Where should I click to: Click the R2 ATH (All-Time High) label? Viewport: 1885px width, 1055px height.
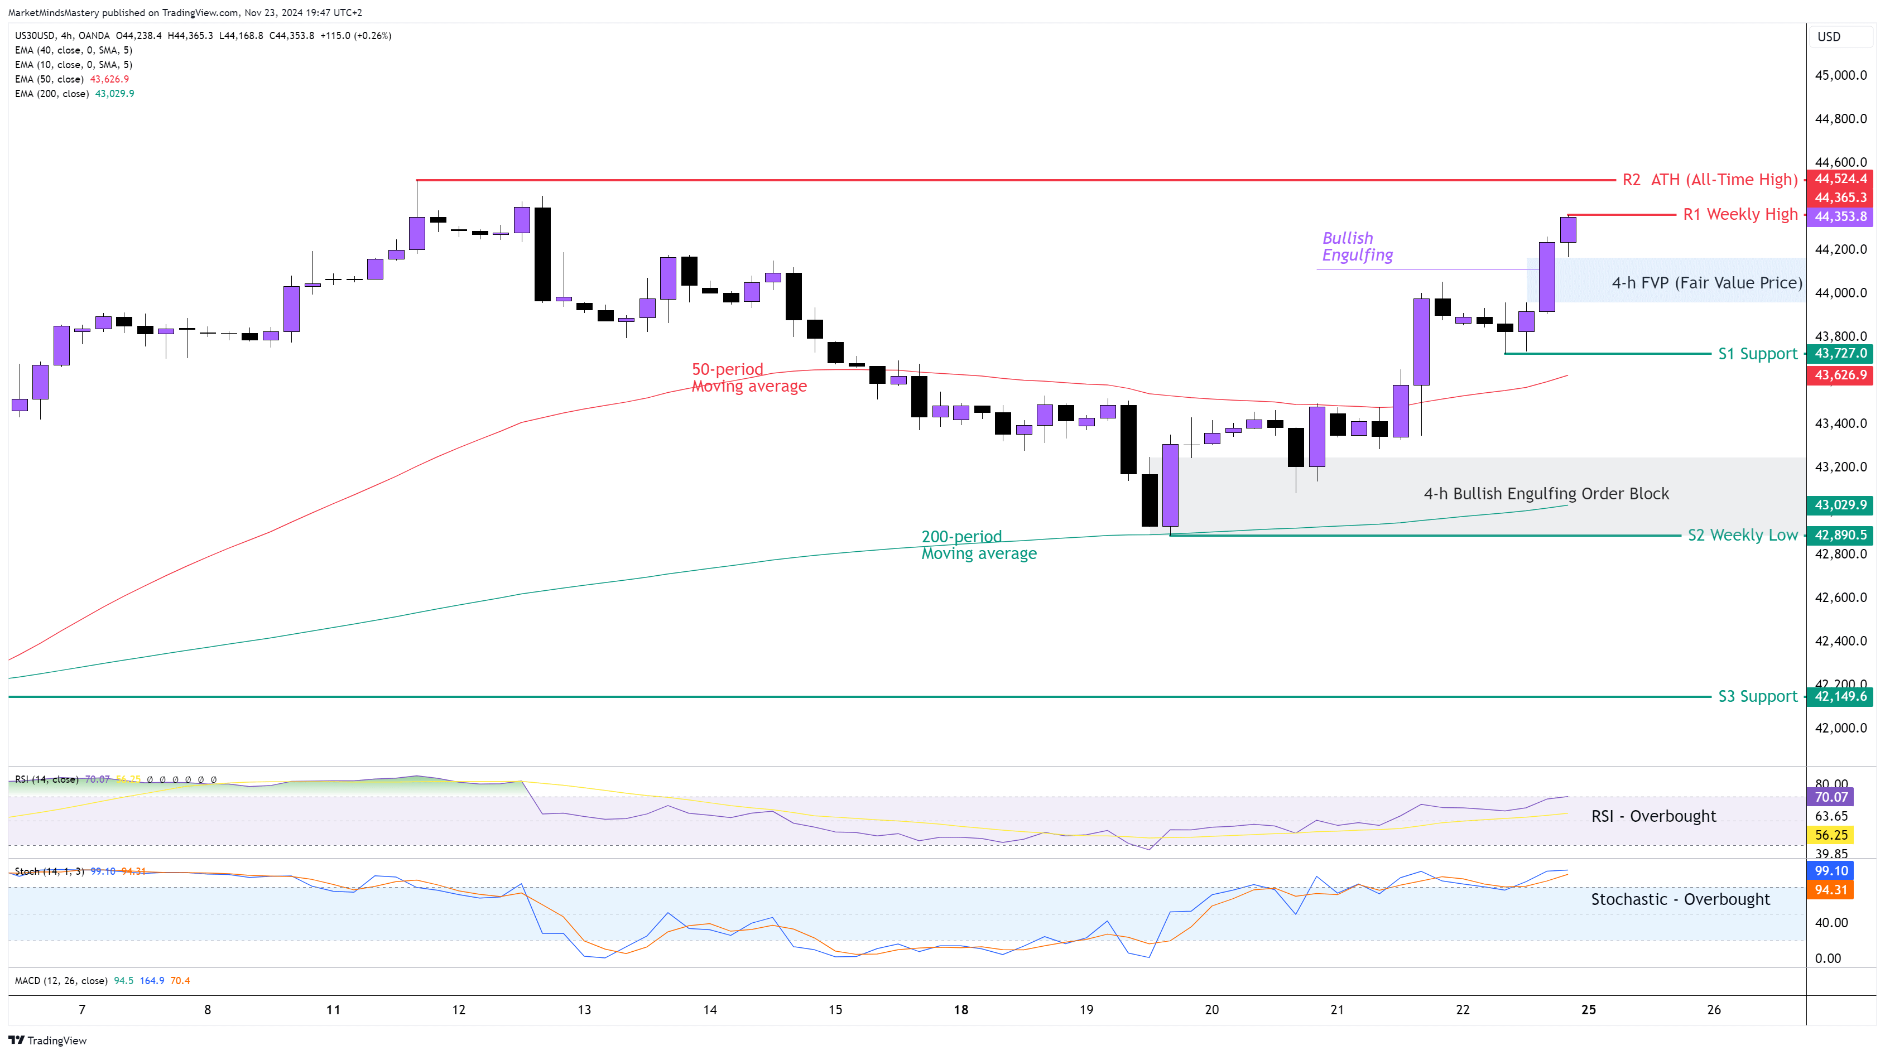1709,180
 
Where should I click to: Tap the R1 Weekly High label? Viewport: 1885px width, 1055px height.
1739,214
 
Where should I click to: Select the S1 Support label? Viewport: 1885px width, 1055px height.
1757,354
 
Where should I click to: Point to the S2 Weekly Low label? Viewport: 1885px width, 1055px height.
1742,536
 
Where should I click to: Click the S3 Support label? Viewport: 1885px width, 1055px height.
1757,696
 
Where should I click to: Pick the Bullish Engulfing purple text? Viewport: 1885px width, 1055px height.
1358,247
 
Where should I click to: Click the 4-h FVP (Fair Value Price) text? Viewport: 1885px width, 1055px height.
1706,283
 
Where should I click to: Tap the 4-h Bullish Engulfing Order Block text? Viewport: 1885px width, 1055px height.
1546,494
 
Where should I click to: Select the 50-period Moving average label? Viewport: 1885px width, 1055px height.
748,378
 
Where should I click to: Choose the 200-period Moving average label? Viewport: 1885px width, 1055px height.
978,545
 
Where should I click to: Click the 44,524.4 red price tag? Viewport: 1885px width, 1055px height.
1840,179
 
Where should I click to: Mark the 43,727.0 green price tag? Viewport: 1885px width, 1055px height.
1840,353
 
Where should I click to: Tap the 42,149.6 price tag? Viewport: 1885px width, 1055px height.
1840,696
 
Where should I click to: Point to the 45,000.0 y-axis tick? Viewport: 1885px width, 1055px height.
1840,75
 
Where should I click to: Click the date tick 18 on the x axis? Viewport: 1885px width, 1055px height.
961,1010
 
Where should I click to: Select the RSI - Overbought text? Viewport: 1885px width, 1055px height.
1653,816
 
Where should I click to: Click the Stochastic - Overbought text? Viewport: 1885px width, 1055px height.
1680,900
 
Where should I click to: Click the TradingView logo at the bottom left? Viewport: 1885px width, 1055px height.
47,1040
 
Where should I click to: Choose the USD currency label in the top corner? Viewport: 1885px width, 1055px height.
1829,37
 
